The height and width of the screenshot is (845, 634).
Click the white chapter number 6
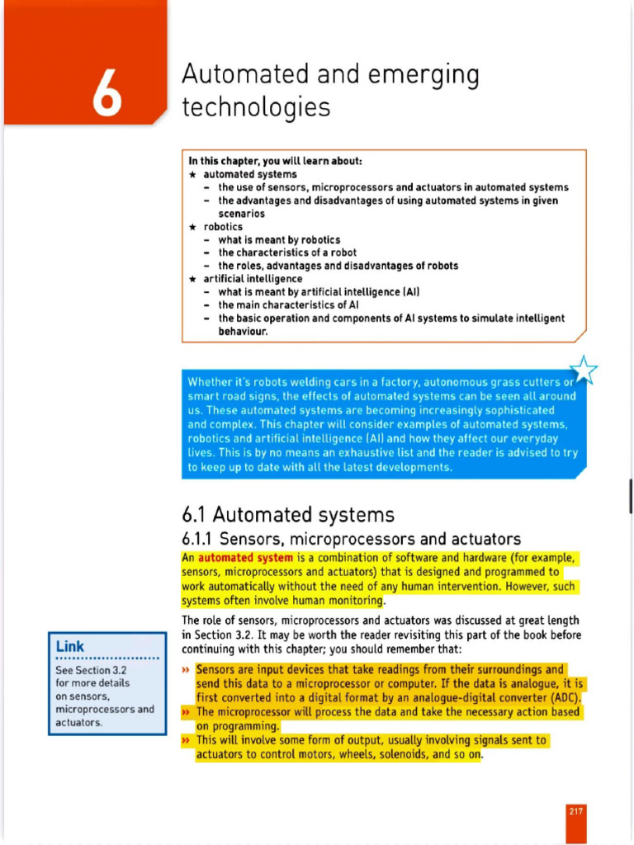(x=106, y=93)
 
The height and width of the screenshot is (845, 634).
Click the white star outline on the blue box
(x=584, y=371)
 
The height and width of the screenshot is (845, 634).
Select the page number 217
(x=575, y=811)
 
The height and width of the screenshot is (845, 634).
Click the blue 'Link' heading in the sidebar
(x=70, y=646)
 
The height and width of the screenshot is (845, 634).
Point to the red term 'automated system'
(x=245, y=558)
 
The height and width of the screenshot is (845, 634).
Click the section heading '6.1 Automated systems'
(x=287, y=515)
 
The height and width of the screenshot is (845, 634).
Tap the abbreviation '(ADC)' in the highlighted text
(x=564, y=697)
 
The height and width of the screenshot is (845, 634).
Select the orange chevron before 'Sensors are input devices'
(x=187, y=670)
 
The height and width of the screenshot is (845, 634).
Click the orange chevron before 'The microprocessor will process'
(x=187, y=712)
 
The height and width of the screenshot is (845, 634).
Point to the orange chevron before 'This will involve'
(x=187, y=741)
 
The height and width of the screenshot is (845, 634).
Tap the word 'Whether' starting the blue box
(x=210, y=382)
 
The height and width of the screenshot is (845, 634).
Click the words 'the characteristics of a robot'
(x=287, y=253)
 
